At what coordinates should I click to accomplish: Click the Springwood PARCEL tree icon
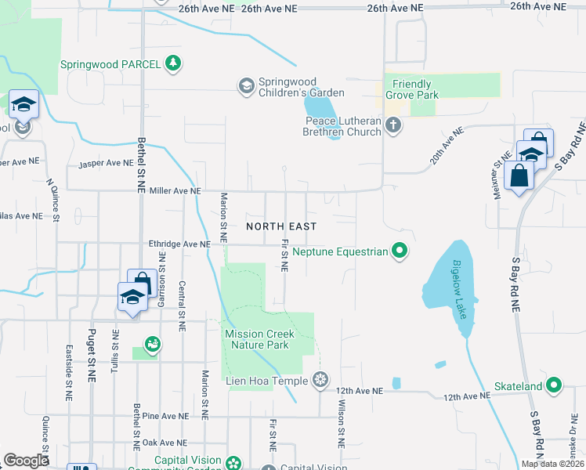coord(173,63)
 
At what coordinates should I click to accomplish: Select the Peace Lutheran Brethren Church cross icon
coord(392,125)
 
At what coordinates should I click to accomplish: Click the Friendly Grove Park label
coord(411,89)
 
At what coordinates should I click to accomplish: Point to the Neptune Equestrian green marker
coord(400,251)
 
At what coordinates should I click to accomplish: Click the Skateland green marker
coord(554,386)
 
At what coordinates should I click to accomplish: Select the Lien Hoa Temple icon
coord(320,381)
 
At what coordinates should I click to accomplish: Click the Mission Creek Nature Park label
coord(259,339)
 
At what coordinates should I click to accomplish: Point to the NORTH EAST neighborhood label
coord(281,226)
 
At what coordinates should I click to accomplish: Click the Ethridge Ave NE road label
coord(180,244)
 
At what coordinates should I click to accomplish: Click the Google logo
coord(26,461)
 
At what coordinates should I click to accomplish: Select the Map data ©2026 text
coord(552,464)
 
